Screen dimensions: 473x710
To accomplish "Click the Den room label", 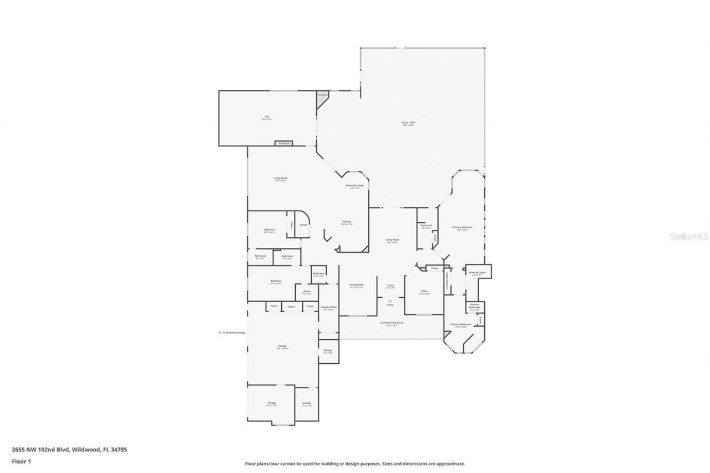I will (267, 117).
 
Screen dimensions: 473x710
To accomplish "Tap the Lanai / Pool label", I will (408, 123).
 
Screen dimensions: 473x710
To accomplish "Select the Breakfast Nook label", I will (354, 186).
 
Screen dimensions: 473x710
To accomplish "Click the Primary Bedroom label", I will (462, 228).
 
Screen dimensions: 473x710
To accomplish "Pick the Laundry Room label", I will (328, 308).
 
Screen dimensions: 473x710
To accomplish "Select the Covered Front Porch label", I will (392, 323).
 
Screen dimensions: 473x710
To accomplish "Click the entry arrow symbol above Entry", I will (390, 301).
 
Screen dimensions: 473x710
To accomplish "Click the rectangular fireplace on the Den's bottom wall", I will (284, 144).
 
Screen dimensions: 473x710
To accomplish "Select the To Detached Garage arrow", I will (219, 333).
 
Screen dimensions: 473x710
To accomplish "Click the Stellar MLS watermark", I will (689, 236).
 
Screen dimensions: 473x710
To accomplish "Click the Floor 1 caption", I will (21, 461).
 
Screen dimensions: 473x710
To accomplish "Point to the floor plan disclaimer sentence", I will (355, 464).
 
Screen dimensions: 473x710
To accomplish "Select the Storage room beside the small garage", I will (306, 404).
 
